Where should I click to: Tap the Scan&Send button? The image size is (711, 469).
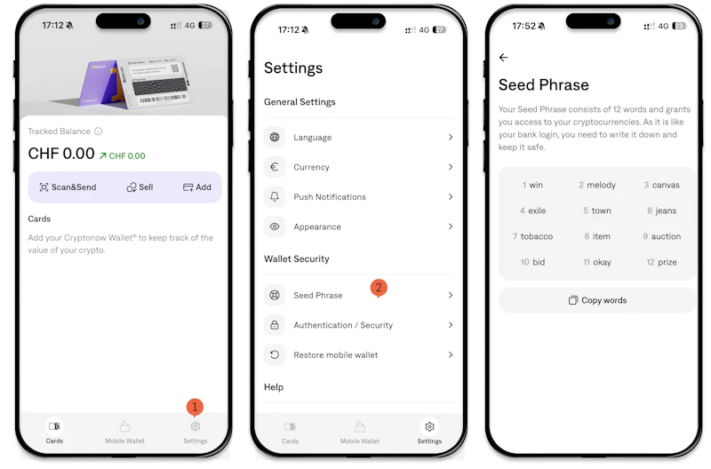pyautogui.click(x=68, y=187)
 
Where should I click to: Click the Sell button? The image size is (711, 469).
pyautogui.click(x=140, y=187)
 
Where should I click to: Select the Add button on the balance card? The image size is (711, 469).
pyautogui.click(x=196, y=187)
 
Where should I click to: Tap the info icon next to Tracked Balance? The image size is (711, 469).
pyautogui.click(x=98, y=131)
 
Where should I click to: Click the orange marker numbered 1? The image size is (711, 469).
pyautogui.click(x=195, y=407)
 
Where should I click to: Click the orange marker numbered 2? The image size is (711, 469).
pyautogui.click(x=379, y=288)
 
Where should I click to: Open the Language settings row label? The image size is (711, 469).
pyautogui.click(x=313, y=138)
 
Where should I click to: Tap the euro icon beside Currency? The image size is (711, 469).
pyautogui.click(x=275, y=167)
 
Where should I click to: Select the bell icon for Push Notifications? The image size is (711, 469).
pyautogui.click(x=275, y=196)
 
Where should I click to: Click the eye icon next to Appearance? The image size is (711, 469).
pyautogui.click(x=275, y=227)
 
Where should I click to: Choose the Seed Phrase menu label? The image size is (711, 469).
pyautogui.click(x=318, y=296)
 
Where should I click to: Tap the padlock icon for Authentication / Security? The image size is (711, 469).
pyautogui.click(x=275, y=325)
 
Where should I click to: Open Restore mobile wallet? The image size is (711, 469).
pyautogui.click(x=336, y=354)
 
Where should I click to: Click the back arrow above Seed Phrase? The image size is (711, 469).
pyautogui.click(x=503, y=57)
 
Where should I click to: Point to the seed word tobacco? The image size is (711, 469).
pyautogui.click(x=537, y=236)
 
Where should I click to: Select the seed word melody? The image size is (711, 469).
pyautogui.click(x=602, y=185)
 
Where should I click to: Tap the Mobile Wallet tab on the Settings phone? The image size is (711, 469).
pyautogui.click(x=360, y=433)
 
